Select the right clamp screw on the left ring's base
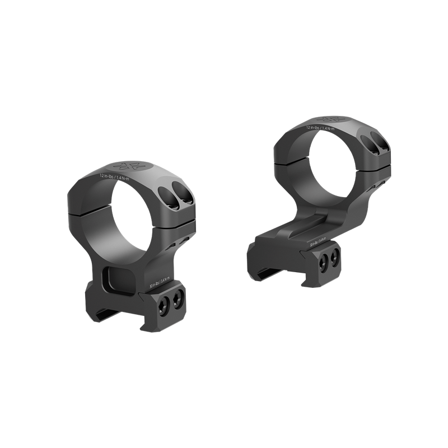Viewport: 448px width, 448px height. [x=179, y=302]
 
